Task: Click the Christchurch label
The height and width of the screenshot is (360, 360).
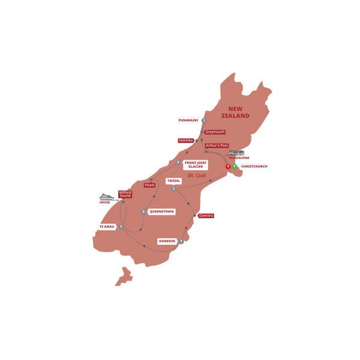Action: point(255,166)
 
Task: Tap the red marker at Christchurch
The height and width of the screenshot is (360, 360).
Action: point(228,166)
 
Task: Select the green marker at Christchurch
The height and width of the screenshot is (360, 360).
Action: point(235,166)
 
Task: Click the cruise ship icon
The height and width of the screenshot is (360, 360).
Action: point(106,196)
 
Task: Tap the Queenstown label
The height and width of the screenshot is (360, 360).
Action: point(163,211)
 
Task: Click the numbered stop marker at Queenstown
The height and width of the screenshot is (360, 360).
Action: point(143,211)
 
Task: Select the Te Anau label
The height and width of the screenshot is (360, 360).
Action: point(106,227)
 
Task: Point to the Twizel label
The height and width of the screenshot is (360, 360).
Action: point(158,180)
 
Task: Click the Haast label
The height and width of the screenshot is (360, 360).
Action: point(151,185)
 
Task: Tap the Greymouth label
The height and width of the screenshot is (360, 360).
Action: point(214,132)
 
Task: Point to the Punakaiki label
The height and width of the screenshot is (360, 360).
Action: point(188,120)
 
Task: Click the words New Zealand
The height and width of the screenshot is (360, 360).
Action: point(235,112)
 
